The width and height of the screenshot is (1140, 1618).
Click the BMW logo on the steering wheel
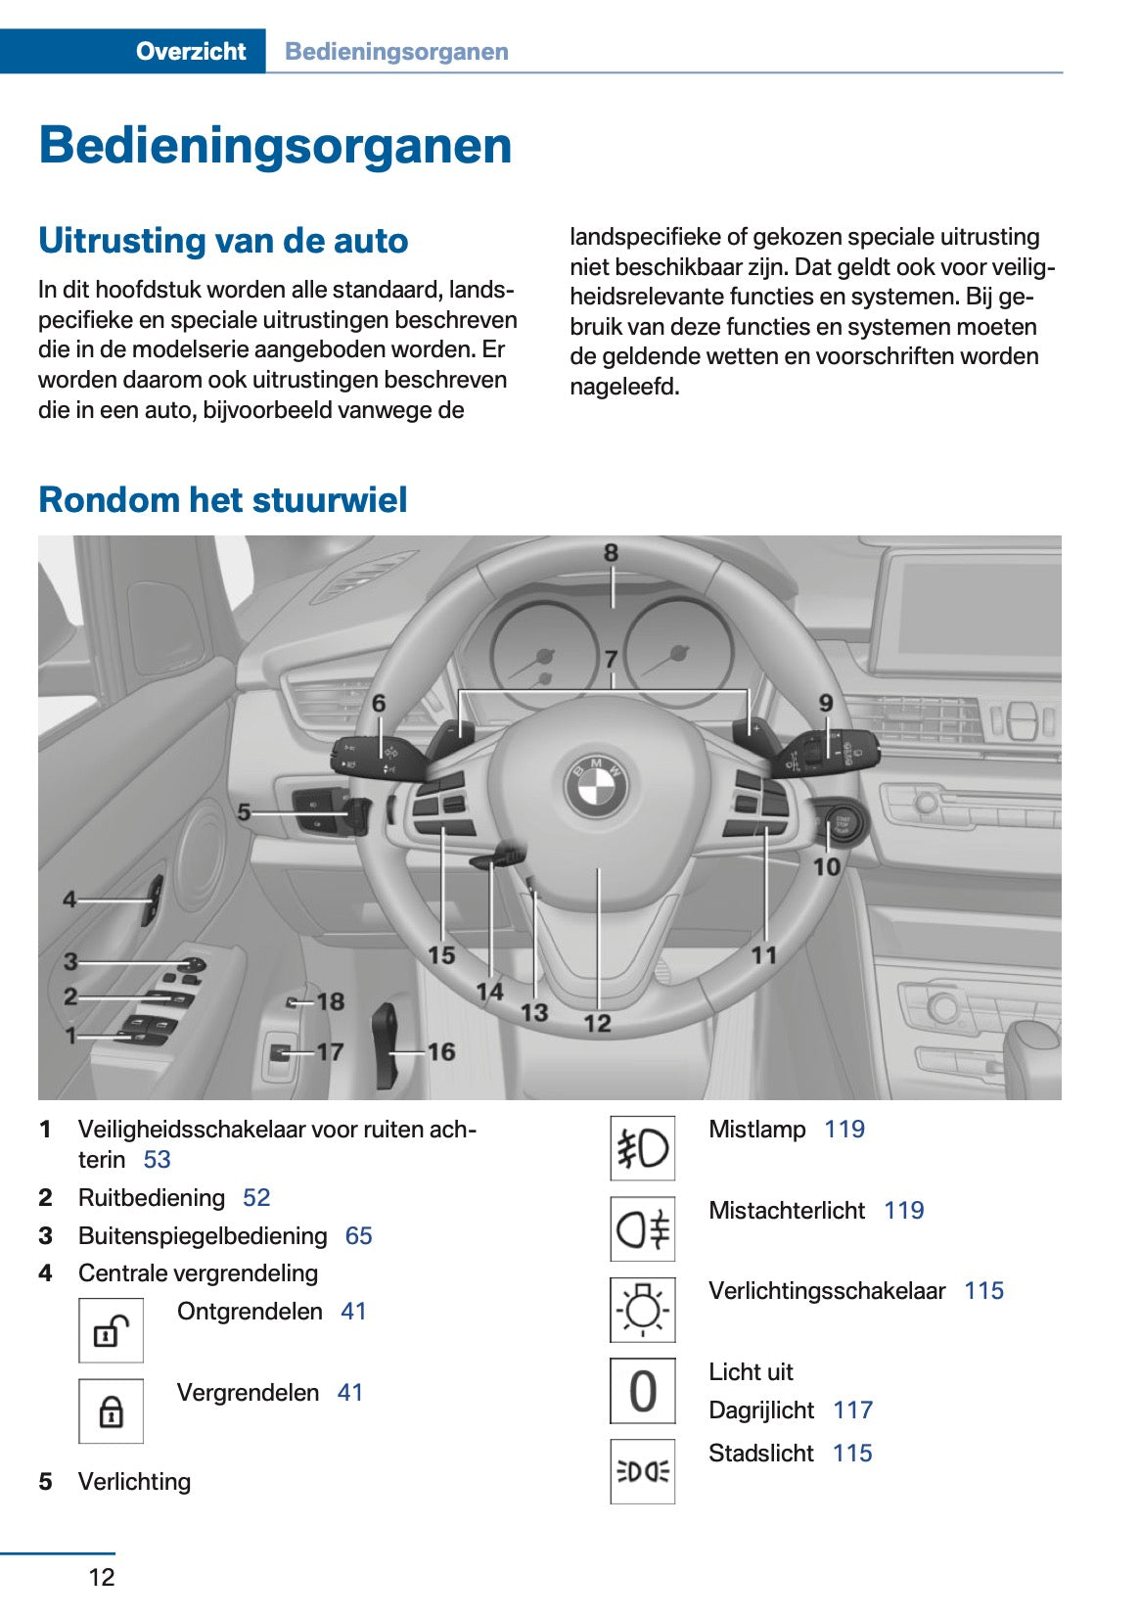(596, 786)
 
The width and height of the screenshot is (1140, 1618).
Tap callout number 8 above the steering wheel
(611, 553)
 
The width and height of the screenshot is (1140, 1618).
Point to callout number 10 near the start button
(826, 866)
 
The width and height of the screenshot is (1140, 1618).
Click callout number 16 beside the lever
(441, 1051)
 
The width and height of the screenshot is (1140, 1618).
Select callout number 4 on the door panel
(69, 899)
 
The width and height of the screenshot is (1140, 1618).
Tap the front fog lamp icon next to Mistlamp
(642, 1148)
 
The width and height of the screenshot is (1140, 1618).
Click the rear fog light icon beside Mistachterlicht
(642, 1229)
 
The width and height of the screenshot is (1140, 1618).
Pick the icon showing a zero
(642, 1391)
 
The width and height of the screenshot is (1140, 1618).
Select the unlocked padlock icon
(111, 1331)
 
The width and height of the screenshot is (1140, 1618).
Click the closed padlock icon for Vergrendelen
(111, 1411)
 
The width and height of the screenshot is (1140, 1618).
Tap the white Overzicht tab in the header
(191, 52)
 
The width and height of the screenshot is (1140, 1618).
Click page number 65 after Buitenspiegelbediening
(358, 1236)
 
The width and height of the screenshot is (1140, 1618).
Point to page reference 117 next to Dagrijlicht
(852, 1410)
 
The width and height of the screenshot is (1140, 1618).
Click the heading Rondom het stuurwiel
(222, 500)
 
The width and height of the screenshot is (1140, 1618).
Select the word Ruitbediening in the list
(152, 1198)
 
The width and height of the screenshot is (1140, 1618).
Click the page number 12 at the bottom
(102, 1577)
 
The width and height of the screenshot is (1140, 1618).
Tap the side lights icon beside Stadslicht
(642, 1471)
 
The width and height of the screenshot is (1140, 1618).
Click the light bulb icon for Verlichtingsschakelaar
(642, 1310)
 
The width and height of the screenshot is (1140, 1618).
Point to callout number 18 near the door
(331, 1001)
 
